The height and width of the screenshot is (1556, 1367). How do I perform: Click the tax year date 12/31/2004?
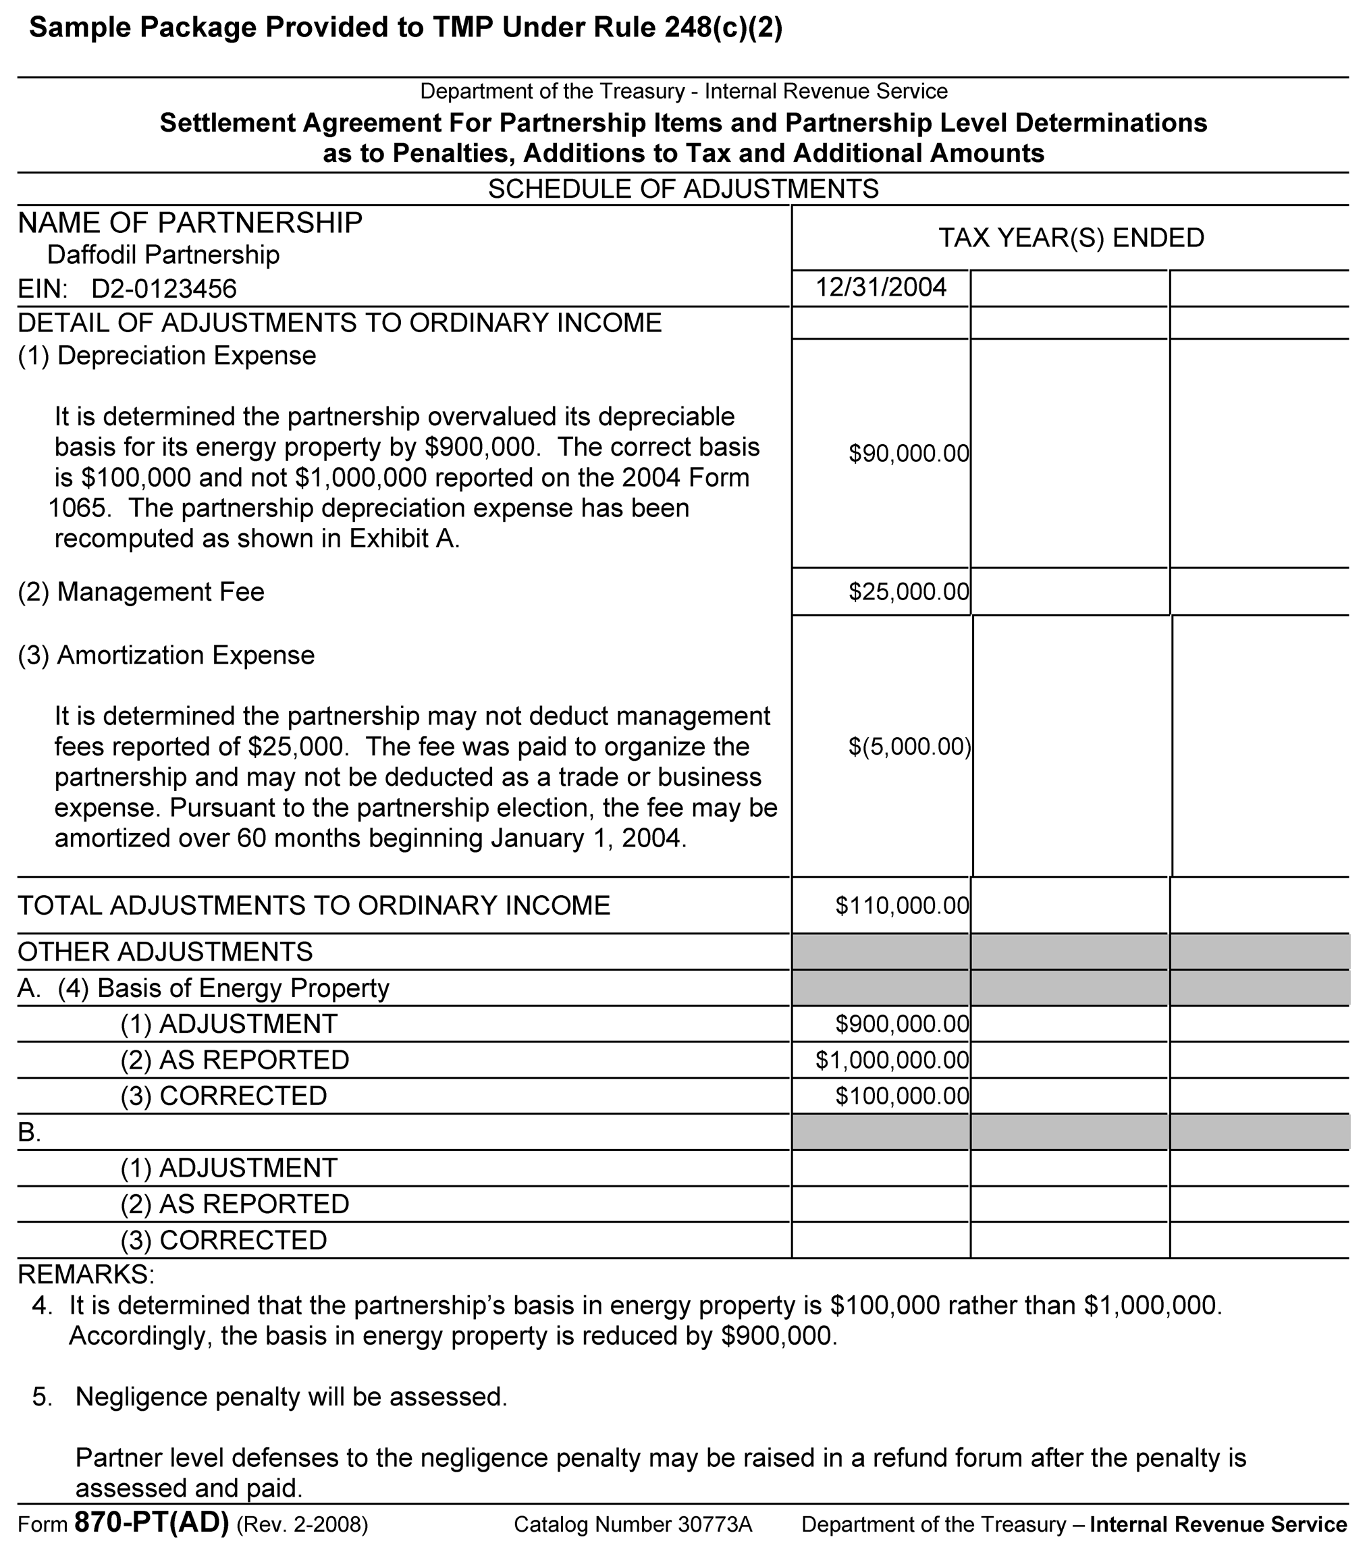[881, 288]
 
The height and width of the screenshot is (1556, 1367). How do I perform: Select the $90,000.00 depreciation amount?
[909, 454]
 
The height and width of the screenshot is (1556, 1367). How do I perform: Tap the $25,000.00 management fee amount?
[909, 591]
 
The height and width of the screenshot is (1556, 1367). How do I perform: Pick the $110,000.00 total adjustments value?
[902, 905]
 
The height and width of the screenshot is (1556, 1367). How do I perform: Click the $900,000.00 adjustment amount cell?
[902, 1024]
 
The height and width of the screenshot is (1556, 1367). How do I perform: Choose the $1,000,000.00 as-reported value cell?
[892, 1060]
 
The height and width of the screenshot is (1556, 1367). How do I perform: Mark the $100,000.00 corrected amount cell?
[902, 1096]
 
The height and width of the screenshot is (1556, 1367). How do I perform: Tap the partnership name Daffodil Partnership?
[163, 254]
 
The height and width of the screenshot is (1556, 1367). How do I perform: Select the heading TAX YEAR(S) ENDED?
[1070, 238]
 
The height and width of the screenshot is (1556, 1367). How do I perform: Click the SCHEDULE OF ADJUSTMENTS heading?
[682, 189]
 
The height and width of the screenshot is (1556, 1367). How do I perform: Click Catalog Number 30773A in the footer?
[633, 1524]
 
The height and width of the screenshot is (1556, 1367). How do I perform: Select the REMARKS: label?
[85, 1274]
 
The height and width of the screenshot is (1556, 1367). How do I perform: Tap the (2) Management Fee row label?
[141, 591]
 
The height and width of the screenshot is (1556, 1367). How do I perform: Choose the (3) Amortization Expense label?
[166, 655]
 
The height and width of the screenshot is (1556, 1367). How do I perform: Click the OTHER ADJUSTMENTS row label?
[165, 952]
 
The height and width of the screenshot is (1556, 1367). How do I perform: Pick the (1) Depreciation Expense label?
[167, 356]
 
